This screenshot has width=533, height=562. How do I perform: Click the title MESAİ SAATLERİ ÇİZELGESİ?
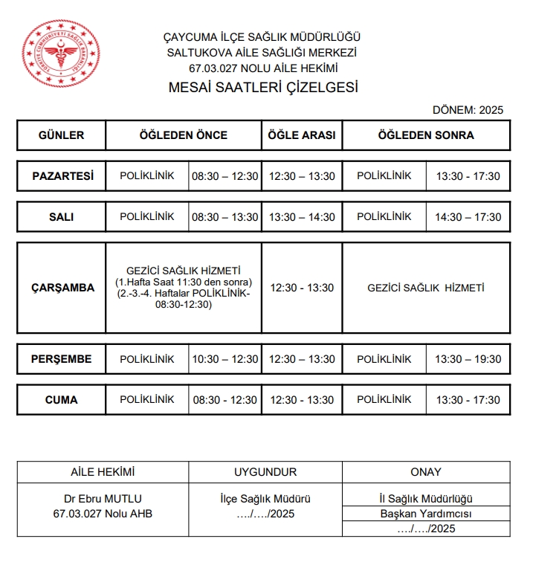(x=263, y=88)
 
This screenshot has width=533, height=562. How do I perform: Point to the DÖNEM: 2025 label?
(x=468, y=110)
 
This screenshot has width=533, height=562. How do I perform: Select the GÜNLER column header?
(x=61, y=135)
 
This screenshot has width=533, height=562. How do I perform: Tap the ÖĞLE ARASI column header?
(x=302, y=135)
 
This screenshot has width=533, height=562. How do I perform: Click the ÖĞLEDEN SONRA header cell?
(x=426, y=135)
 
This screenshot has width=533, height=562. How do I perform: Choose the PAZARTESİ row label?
(x=62, y=176)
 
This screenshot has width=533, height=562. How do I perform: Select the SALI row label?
(x=61, y=217)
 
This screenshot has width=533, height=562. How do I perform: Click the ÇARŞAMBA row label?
(x=62, y=288)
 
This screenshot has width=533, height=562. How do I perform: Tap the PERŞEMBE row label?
(x=61, y=359)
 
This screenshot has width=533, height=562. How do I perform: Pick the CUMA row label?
(x=61, y=400)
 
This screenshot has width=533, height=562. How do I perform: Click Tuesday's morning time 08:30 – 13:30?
(x=225, y=217)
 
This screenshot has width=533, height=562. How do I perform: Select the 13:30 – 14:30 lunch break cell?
(x=302, y=217)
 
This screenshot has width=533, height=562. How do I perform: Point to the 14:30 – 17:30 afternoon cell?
(x=468, y=217)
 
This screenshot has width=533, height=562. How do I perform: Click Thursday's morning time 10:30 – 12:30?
(x=225, y=359)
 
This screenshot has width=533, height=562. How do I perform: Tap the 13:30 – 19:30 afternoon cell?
(x=468, y=359)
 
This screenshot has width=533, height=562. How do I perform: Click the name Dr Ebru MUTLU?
(x=103, y=499)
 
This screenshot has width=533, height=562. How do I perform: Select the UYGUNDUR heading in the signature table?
(x=265, y=472)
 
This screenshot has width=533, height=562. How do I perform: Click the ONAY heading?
(x=426, y=472)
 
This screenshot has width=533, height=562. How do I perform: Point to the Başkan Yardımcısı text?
(x=426, y=514)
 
